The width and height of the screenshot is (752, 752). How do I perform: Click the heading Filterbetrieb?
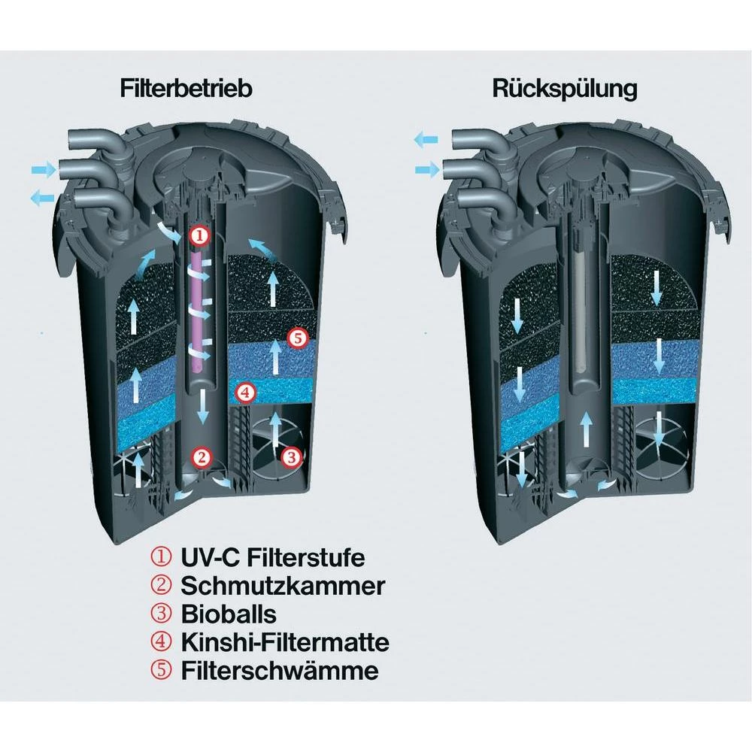pyautogui.click(x=186, y=89)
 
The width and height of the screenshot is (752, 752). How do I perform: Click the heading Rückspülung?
pyautogui.click(x=565, y=89)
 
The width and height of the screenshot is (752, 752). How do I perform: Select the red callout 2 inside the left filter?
pyautogui.click(x=202, y=457)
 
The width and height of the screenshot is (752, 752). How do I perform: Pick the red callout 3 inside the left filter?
pyautogui.click(x=291, y=457)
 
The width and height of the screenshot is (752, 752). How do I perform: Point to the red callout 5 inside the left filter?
pyautogui.click(x=297, y=338)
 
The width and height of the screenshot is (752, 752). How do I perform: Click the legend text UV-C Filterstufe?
pyautogui.click(x=272, y=558)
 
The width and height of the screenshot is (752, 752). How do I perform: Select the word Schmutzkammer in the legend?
pyautogui.click(x=283, y=586)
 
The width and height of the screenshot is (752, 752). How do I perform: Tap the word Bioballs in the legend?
pyautogui.click(x=229, y=614)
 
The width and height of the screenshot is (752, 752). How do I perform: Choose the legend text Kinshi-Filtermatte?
pyautogui.click(x=285, y=642)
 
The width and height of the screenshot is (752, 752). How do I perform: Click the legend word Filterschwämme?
pyautogui.click(x=280, y=670)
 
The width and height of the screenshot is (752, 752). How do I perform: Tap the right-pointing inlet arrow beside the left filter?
pyautogui.click(x=44, y=169)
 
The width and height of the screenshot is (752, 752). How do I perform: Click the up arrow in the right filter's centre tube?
pyautogui.click(x=586, y=429)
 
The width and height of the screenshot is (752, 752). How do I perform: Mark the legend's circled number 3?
pyautogui.click(x=161, y=614)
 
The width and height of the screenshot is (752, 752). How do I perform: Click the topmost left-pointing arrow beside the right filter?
pyautogui.click(x=426, y=140)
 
